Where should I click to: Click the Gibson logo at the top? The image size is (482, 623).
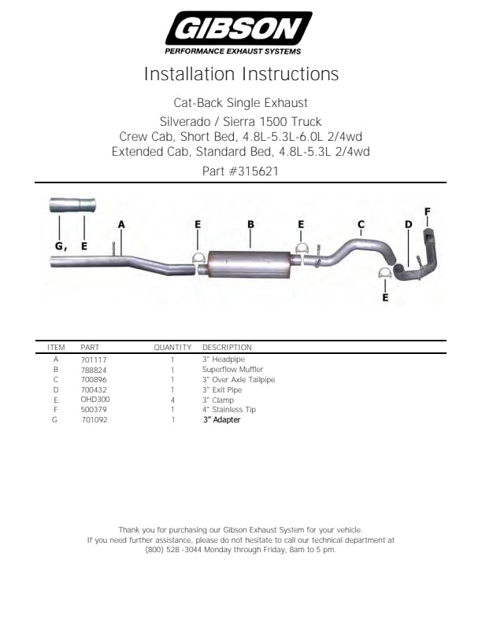click(239, 32)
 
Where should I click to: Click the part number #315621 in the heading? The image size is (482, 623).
click(254, 171)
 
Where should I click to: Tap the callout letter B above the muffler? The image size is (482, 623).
click(250, 224)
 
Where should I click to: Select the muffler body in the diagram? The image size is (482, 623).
click(249, 264)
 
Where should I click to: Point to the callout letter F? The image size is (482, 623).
click(427, 212)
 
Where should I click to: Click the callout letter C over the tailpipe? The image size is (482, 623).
click(361, 224)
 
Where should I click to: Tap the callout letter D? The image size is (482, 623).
click(409, 224)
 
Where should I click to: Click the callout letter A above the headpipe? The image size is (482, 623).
click(121, 224)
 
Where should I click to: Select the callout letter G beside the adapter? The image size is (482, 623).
click(59, 246)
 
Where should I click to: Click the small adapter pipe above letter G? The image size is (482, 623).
click(72, 205)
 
